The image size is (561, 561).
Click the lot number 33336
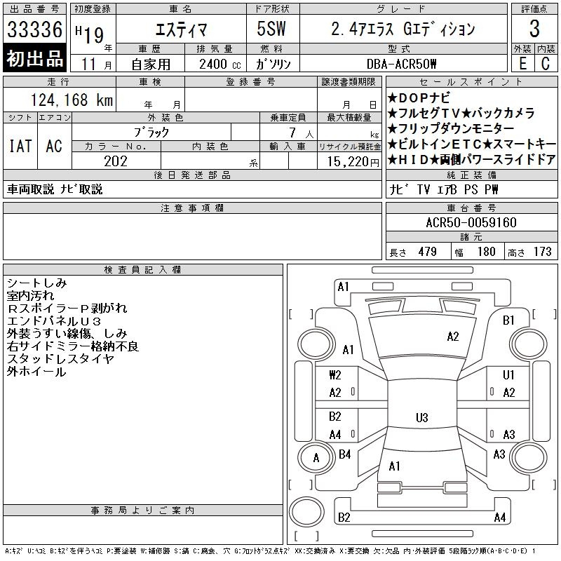34,29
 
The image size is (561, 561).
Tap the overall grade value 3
534,29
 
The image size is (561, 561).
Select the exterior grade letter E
522,64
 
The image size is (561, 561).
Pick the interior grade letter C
546,64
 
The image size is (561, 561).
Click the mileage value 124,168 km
72,100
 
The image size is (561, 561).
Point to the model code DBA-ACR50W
401,64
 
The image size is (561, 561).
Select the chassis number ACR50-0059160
471,222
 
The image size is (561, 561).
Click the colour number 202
116,161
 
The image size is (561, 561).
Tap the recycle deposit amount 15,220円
353,162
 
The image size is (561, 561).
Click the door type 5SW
271,29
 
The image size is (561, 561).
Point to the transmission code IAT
20,146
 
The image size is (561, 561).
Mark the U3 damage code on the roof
422,417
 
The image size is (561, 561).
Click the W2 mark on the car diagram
335,375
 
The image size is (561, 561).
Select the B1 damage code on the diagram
508,320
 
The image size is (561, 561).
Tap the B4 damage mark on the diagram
344,454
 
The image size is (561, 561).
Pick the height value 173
542,252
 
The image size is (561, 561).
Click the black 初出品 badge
34,58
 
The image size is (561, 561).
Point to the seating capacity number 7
292,133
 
